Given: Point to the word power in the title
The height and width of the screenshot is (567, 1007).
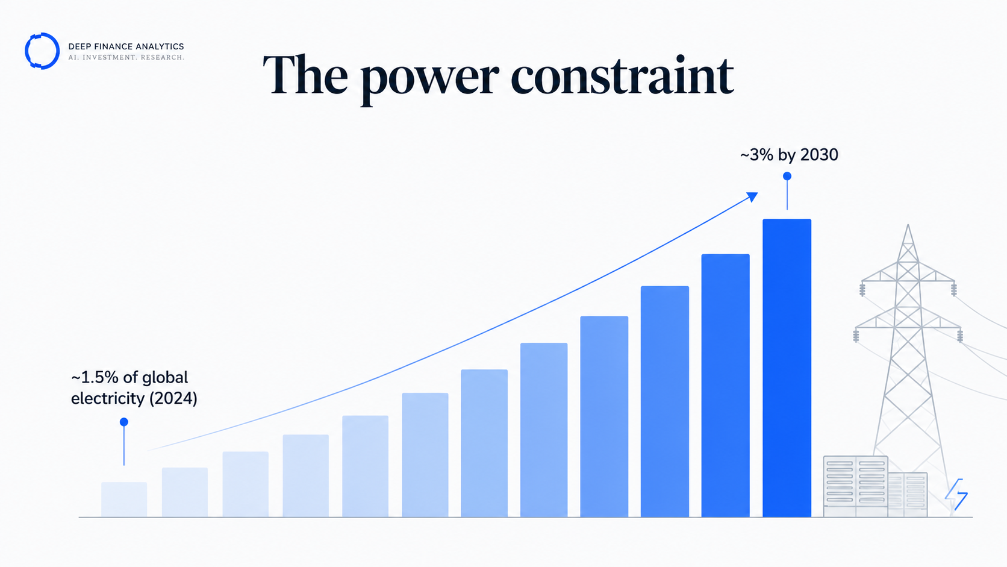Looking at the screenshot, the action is coord(429,81).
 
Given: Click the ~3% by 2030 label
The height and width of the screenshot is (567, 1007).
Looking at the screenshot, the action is coord(789,155).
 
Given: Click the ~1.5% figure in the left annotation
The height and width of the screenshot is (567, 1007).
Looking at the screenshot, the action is coord(95,377).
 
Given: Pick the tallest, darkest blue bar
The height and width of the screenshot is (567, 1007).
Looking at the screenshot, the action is coord(787,368).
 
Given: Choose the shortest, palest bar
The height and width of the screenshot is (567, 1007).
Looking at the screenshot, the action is coord(124,500).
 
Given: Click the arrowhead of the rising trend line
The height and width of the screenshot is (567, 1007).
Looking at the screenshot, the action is coord(752,196).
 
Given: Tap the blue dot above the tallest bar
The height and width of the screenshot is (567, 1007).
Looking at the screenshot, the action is coord(787,177).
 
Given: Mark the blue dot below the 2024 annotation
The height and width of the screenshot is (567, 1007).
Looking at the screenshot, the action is coord(124,422).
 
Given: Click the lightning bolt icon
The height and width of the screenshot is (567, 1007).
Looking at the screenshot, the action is coord(956,495).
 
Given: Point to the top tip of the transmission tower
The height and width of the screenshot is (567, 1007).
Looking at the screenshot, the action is coord(908,224).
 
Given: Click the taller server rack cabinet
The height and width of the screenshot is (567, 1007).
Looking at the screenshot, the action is coord(855,486).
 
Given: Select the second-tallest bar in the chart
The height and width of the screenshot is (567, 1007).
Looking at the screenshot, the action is coord(726,386).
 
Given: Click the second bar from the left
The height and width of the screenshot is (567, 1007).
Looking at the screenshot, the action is coord(185,492).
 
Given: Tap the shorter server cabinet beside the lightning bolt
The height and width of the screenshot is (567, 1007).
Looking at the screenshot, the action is coord(908,495).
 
